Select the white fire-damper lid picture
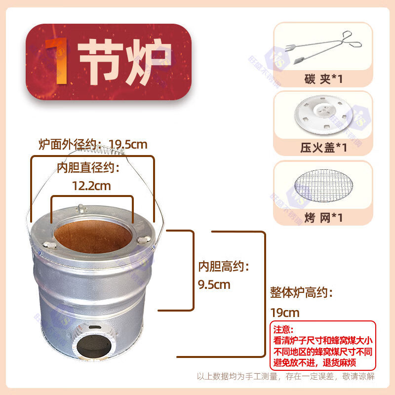tap(323, 114)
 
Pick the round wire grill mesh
tap(323, 186)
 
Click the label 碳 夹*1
tap(323, 79)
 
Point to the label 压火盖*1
tap(323, 148)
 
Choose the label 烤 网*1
tap(323, 218)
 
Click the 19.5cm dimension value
tap(128, 145)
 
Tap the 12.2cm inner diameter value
tap(91, 186)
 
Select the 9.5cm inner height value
tap(214, 285)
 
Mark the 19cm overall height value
tap(285, 313)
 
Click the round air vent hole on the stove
tap(93, 346)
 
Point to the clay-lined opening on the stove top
tap(93, 237)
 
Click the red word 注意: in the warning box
tap(283, 329)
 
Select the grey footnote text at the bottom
tap(286, 376)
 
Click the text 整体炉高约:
tap(301, 293)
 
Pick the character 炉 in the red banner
tap(149, 61)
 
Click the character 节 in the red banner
tap(100, 61)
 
